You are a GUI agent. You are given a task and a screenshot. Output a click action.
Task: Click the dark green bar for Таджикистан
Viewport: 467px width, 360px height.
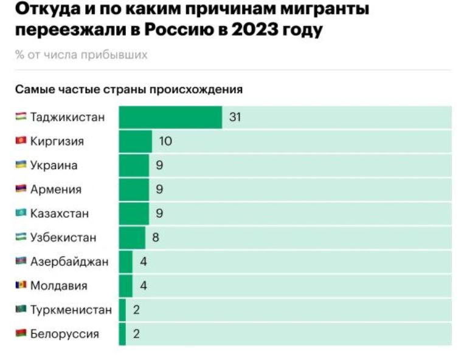(x=170, y=117)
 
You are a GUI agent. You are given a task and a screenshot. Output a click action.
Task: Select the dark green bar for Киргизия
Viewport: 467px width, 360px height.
(x=135, y=142)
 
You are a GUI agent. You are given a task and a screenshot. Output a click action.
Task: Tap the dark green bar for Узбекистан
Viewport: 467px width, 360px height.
(x=132, y=238)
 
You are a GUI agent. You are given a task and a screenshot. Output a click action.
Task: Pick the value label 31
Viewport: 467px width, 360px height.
(x=235, y=117)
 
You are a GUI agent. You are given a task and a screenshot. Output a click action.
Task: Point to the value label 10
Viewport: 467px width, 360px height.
(x=165, y=142)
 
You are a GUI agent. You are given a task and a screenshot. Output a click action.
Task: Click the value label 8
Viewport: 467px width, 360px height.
(x=156, y=238)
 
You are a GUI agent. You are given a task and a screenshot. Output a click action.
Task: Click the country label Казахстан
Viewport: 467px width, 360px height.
(x=60, y=213)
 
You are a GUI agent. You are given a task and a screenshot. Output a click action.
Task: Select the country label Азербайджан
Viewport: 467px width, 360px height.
(x=69, y=261)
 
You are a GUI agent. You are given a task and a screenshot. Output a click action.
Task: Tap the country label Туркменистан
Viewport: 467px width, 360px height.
(x=71, y=310)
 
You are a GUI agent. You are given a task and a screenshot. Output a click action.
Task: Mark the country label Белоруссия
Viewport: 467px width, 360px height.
(x=64, y=334)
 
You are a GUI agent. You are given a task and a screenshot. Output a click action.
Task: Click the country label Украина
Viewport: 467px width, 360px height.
(x=54, y=165)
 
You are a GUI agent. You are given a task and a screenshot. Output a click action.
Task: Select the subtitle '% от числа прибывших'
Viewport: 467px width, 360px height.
(x=81, y=55)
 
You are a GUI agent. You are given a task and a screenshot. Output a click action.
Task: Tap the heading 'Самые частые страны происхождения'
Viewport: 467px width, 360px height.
(x=129, y=89)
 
